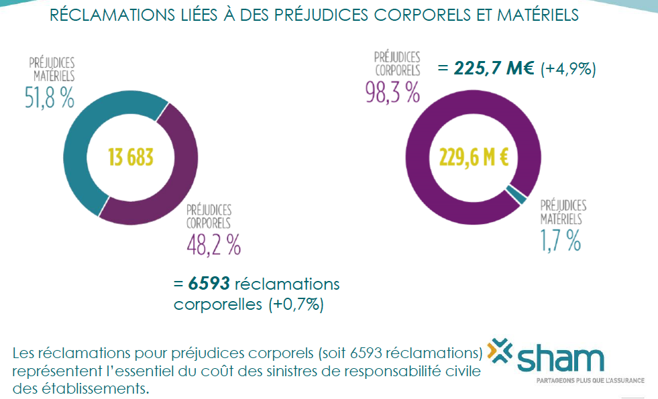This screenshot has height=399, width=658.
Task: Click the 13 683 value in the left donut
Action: point(131,158)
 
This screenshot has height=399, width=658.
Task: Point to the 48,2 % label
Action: point(213,245)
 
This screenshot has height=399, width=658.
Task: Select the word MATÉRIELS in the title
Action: point(535,15)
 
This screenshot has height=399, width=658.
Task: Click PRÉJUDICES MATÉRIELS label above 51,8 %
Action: point(52,68)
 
